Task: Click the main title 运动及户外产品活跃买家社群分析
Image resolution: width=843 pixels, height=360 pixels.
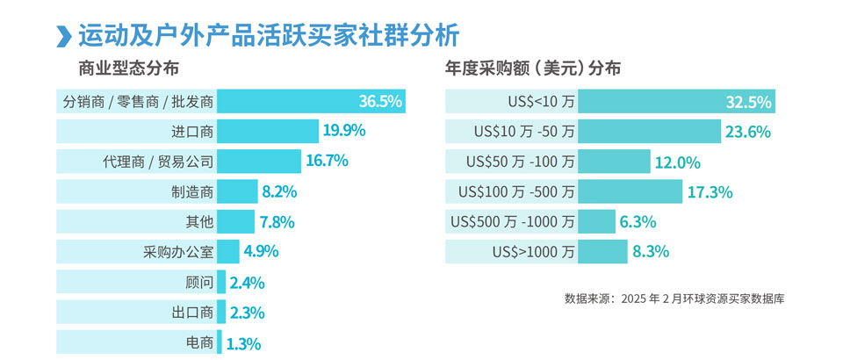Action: [x=268, y=36]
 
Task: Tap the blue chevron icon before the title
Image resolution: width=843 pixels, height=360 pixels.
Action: [x=62, y=37]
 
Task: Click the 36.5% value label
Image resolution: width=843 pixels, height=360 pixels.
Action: [x=380, y=102]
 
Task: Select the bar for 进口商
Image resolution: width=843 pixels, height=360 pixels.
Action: [x=268, y=132]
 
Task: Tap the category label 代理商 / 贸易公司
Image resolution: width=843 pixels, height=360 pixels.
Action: [x=158, y=162]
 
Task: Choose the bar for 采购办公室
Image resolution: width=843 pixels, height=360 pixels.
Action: [x=227, y=251]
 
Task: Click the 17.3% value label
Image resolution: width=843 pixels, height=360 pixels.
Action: [x=710, y=191]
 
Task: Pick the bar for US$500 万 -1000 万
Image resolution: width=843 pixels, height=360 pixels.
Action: [x=596, y=221]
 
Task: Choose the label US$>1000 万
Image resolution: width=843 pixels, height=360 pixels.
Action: [x=534, y=252]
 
